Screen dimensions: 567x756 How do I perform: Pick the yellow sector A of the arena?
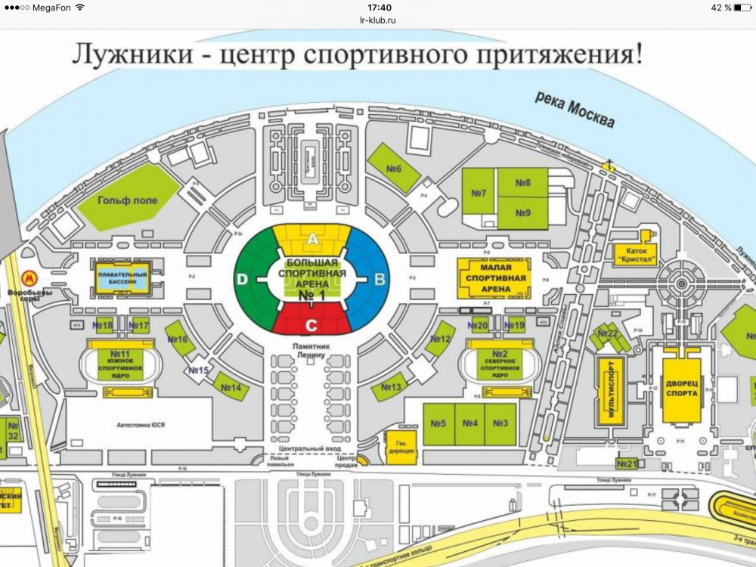coord(312,238)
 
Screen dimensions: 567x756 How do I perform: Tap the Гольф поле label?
coord(128,200)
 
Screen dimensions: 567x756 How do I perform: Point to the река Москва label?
coord(575,109)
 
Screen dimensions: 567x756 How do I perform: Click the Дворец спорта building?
coord(682,390)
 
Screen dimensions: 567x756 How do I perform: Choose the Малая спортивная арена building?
coord(494,277)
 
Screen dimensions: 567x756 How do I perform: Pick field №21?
coord(627,463)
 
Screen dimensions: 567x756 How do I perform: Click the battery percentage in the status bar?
coord(721,8)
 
